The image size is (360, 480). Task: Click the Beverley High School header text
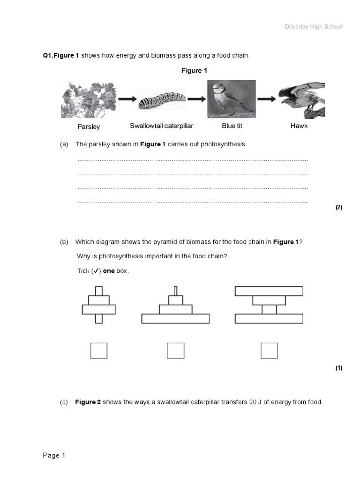[314, 27]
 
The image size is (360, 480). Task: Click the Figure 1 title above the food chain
[194, 70]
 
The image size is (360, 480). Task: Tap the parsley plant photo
[89, 100]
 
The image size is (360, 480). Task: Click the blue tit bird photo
[232, 99]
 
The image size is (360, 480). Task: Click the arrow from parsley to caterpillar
[127, 99]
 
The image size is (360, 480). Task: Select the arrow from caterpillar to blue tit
[196, 99]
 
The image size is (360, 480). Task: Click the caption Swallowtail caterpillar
[161, 126]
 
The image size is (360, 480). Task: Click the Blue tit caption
[232, 126]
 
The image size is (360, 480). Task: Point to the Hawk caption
[299, 126]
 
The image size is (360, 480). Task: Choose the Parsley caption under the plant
[89, 127]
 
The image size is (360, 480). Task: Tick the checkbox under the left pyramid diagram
[99, 351]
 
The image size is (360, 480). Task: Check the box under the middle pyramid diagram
[175, 351]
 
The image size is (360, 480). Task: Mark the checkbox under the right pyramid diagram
[269, 351]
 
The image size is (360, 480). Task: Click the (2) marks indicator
[339, 207]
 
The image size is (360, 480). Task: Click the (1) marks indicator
[339, 368]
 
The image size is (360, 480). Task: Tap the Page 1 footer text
[54, 455]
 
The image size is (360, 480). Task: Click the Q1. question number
[48, 55]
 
